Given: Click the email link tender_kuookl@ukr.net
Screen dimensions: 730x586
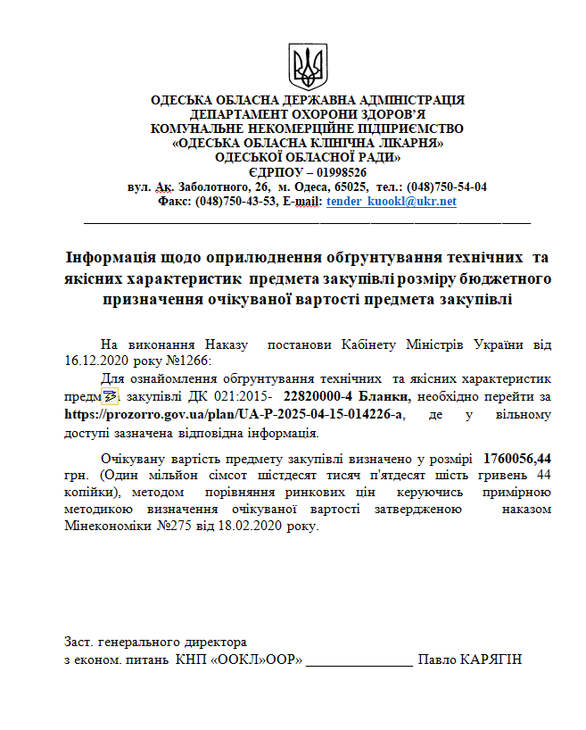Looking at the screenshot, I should click(x=392, y=202).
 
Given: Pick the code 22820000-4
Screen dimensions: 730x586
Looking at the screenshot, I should click(x=317, y=395).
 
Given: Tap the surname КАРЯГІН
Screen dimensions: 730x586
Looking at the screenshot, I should click(x=490, y=660).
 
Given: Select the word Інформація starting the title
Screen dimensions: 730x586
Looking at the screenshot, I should click(x=115, y=257).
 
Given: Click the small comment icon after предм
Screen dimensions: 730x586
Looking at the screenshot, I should click(x=110, y=396).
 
